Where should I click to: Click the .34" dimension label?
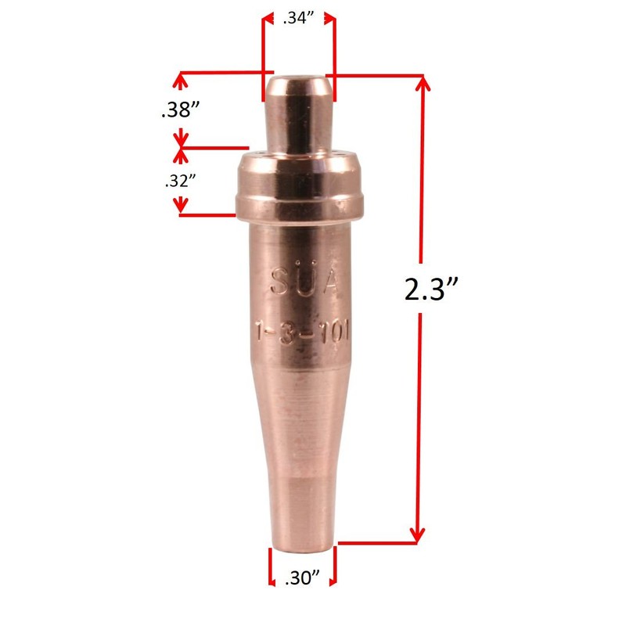coord(299,20)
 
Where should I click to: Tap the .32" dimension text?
coord(179,181)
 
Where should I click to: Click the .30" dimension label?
coord(302,579)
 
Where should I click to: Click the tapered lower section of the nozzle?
coord(302,454)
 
